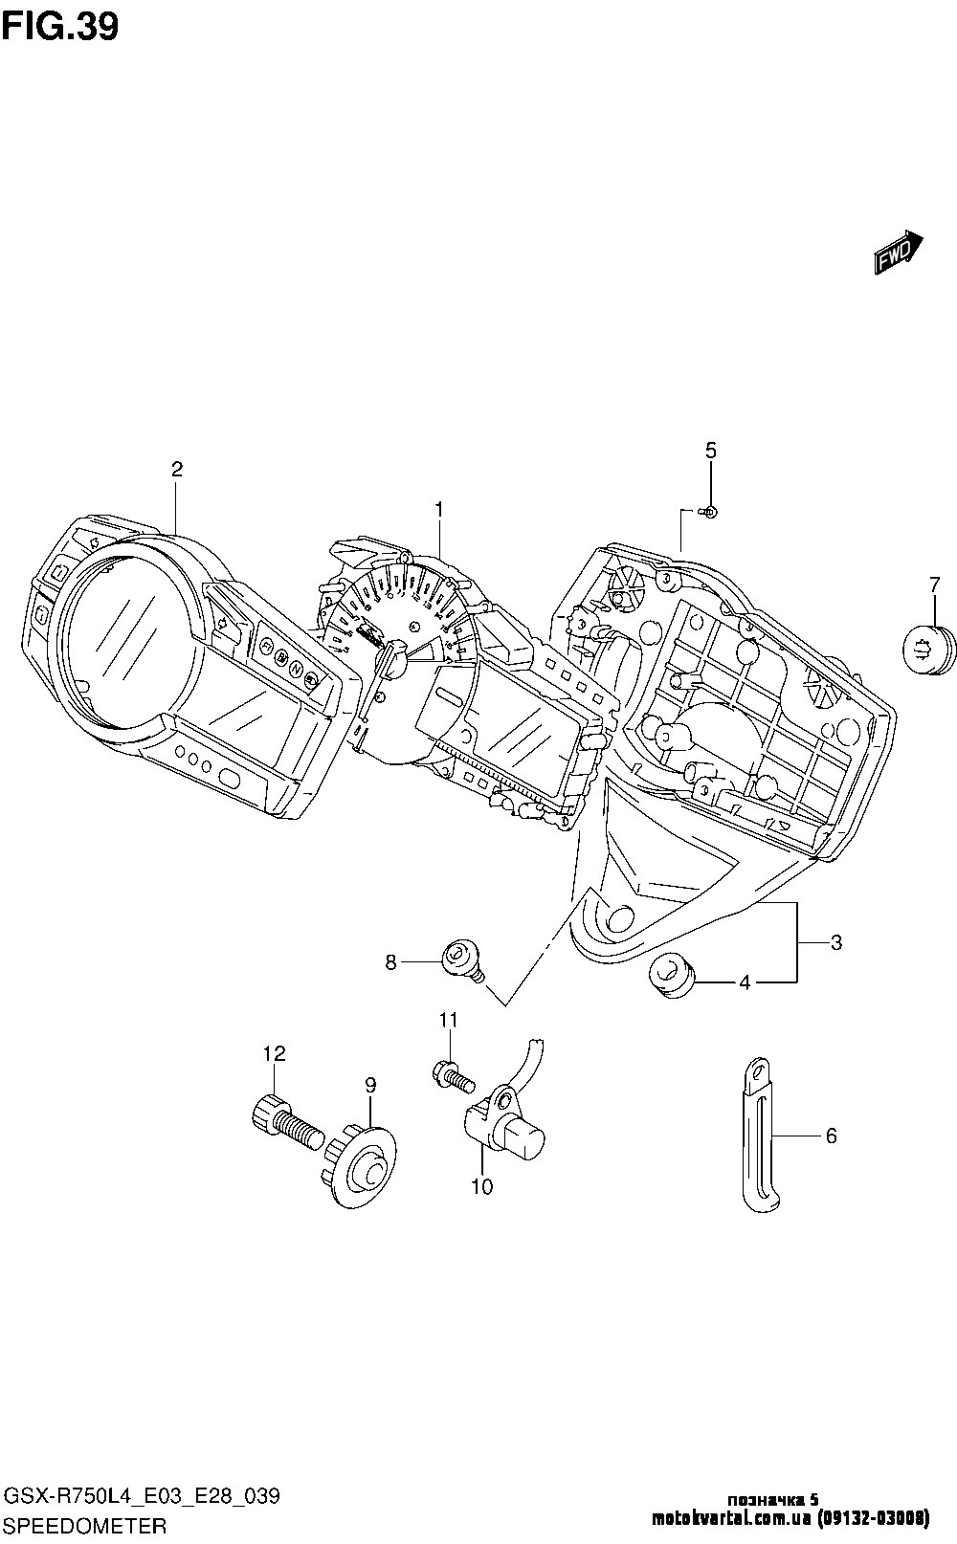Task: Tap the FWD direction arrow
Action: tap(897, 253)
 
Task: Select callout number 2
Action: tap(177, 469)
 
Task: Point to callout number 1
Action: tap(439, 510)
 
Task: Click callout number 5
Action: tap(710, 451)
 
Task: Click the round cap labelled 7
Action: tap(927, 648)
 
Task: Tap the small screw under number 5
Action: tap(709, 512)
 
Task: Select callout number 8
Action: tap(390, 962)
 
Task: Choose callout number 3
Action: tap(835, 942)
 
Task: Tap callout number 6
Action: tap(831, 1136)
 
